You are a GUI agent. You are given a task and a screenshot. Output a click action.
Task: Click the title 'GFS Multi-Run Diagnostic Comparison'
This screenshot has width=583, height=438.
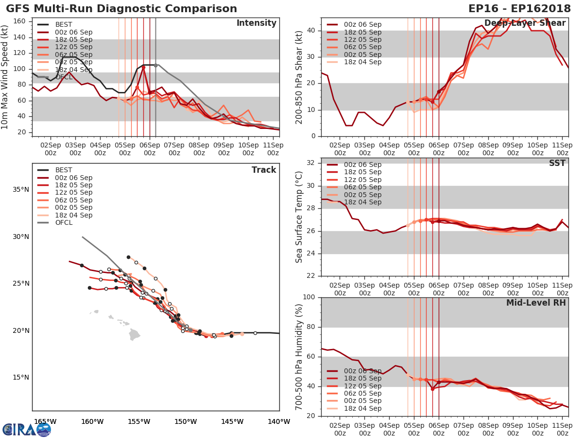[121, 9]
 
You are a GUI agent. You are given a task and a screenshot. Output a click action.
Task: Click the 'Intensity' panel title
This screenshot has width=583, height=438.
[256, 23]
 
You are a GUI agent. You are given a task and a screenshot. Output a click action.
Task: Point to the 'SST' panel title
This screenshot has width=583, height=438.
[557, 164]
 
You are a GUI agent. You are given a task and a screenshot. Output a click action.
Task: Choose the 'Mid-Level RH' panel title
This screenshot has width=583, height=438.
[536, 303]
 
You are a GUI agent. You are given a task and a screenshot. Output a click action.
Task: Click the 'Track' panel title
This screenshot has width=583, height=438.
[264, 170]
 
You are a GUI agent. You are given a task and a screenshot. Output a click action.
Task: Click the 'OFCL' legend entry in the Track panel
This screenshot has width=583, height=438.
[64, 223]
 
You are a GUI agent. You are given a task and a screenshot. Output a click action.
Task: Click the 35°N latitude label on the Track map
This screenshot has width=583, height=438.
[20, 190]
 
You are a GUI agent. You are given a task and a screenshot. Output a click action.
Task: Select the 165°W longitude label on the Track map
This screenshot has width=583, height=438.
[45, 421]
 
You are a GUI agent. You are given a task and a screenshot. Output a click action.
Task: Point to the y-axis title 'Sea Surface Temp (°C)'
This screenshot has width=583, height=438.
[299, 217]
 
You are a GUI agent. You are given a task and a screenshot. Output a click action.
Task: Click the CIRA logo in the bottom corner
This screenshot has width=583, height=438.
[27, 429]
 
